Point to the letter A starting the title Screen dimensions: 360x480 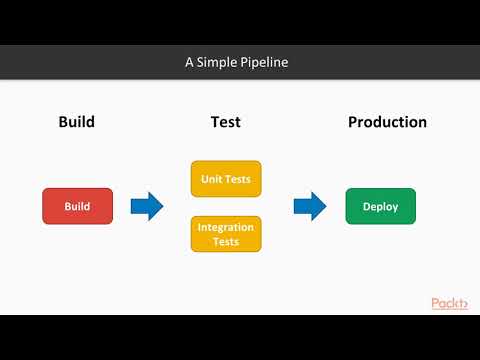[x=189, y=62]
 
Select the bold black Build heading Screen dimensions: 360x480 [x=76, y=122]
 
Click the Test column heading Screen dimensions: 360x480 [x=225, y=122]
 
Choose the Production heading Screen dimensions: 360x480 [x=387, y=122]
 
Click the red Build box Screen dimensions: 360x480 [x=77, y=206]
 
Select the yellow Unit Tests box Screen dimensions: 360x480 [x=225, y=179]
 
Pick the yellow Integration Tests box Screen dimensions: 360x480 [x=225, y=234]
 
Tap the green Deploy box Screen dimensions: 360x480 [x=380, y=206]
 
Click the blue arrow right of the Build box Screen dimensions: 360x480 [x=147, y=206]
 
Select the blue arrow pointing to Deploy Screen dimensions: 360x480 [x=310, y=206]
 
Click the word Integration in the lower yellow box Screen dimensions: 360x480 [x=225, y=227]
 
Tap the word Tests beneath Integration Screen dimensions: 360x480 [x=225, y=241]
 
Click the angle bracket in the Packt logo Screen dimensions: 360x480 [x=465, y=303]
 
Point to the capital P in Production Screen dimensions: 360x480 [x=353, y=122]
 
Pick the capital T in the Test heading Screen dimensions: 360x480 [x=214, y=122]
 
